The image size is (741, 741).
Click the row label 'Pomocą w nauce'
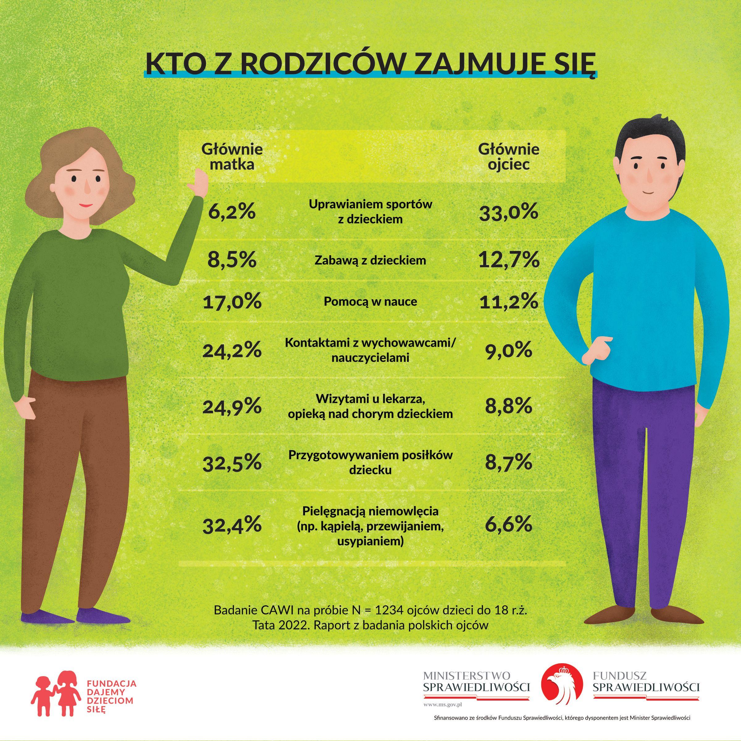[x=370, y=301]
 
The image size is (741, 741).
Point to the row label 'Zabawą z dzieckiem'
[x=370, y=260]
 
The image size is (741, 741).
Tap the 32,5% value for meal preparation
[x=232, y=463]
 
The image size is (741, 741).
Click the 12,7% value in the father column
[x=509, y=260]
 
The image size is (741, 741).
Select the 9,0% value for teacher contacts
[x=509, y=350]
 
